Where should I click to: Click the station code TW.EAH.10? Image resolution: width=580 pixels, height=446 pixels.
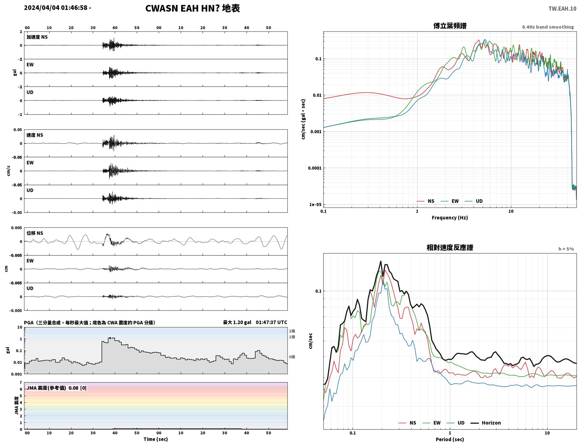[x=562, y=8]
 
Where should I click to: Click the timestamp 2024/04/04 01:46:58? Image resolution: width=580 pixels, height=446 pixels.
[x=55, y=7]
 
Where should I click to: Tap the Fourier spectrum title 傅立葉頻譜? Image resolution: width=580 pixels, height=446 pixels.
[x=450, y=26]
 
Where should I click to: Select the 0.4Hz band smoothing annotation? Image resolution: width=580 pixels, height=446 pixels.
[x=548, y=27]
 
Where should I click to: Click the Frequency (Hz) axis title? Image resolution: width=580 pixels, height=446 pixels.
[x=450, y=218]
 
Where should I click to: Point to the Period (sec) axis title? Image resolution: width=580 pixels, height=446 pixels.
[x=450, y=439]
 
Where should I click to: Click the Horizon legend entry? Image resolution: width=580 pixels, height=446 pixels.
[x=485, y=423]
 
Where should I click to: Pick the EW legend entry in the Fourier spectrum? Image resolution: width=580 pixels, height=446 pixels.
[x=450, y=201]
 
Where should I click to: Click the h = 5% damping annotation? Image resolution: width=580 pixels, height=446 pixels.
[x=566, y=249]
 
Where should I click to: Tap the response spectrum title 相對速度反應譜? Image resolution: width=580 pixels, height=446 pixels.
[x=450, y=248]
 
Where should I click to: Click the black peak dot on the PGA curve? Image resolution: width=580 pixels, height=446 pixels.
[x=110, y=338]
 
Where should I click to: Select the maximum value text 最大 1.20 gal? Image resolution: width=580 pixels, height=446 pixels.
[x=237, y=322]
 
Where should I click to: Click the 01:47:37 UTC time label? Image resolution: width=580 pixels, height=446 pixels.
[x=271, y=322]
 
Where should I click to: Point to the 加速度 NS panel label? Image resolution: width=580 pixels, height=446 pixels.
[x=37, y=37]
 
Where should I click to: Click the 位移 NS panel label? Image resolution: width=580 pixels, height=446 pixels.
[x=35, y=233]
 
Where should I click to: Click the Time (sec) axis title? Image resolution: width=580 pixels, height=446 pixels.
[x=156, y=439]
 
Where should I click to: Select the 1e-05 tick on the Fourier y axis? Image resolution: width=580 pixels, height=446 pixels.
[x=315, y=205]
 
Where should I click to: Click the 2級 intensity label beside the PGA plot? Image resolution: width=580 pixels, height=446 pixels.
[x=292, y=331]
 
